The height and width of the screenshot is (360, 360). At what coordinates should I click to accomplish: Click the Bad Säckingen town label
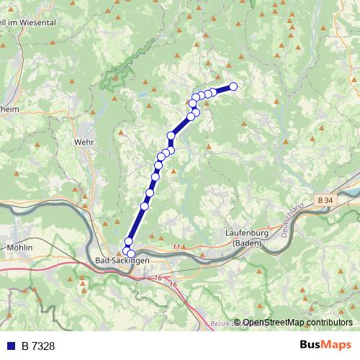click(122, 259)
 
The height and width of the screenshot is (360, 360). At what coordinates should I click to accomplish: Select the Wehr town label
click(84, 142)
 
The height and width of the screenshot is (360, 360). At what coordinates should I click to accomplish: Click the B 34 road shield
click(325, 198)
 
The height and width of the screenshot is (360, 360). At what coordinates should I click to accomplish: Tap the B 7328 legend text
click(37, 346)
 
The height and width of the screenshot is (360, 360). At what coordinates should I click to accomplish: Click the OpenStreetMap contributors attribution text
click(297, 323)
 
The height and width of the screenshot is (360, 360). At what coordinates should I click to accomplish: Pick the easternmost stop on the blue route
click(233, 87)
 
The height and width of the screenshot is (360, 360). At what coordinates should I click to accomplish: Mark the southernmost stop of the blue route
click(131, 253)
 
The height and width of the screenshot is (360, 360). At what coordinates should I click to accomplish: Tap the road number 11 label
click(176, 247)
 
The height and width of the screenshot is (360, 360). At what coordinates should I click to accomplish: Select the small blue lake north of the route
click(143, 94)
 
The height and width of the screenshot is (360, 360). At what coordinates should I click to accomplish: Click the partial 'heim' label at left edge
click(9, 110)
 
